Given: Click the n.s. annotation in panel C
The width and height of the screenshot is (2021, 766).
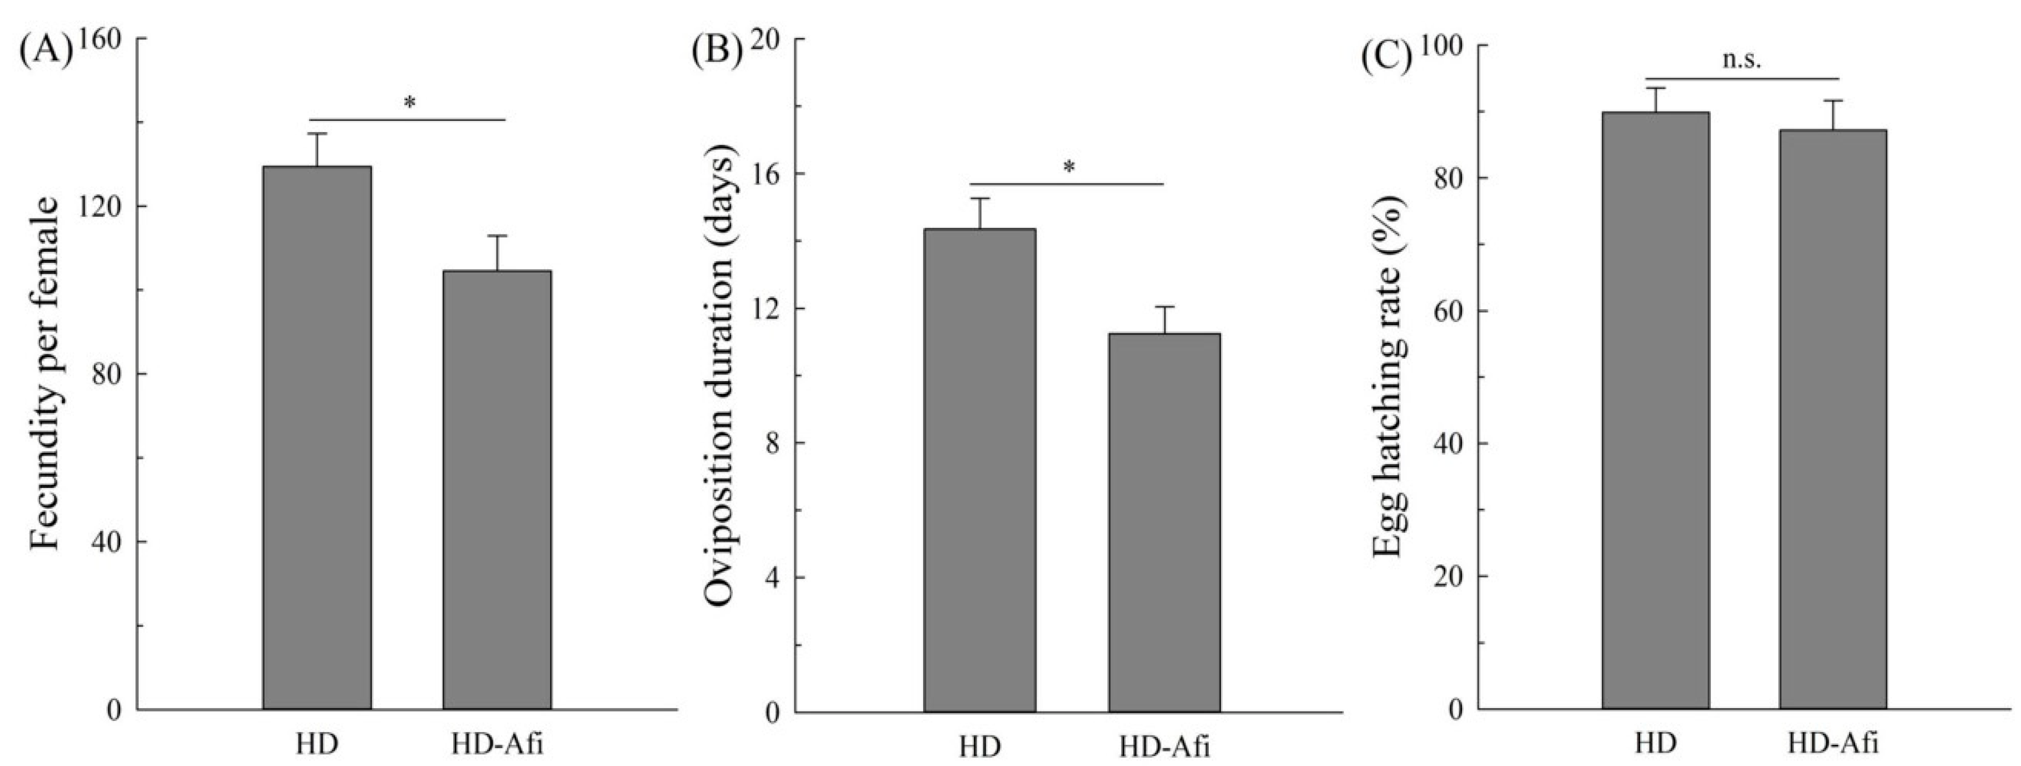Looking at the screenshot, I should (1742, 61).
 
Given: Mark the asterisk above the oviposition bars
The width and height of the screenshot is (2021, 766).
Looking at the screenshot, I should (1068, 168).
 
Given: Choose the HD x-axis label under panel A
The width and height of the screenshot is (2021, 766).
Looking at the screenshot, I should (317, 743).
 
